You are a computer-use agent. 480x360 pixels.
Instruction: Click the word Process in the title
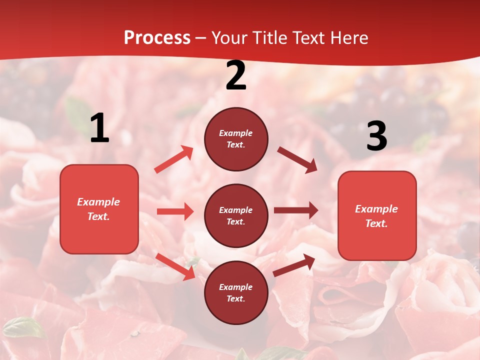(x=157, y=38)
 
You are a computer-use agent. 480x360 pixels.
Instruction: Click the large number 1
(x=99, y=129)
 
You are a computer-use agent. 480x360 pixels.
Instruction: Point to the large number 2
(x=236, y=76)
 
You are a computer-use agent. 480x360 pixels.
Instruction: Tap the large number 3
(x=376, y=136)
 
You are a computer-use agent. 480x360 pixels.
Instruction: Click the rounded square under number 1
(x=99, y=209)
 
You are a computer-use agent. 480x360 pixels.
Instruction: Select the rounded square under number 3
(x=377, y=216)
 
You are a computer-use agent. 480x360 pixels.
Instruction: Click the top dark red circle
(x=236, y=139)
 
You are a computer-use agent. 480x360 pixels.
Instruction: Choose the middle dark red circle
(x=236, y=215)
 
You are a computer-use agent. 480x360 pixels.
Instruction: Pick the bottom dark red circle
(x=236, y=292)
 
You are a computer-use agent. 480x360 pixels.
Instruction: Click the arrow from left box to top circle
(x=174, y=159)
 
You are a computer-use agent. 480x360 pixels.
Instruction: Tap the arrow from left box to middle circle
(x=175, y=211)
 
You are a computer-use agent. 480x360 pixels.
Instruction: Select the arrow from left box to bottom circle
(x=175, y=266)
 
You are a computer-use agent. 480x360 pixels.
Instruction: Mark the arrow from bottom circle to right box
(x=294, y=265)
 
